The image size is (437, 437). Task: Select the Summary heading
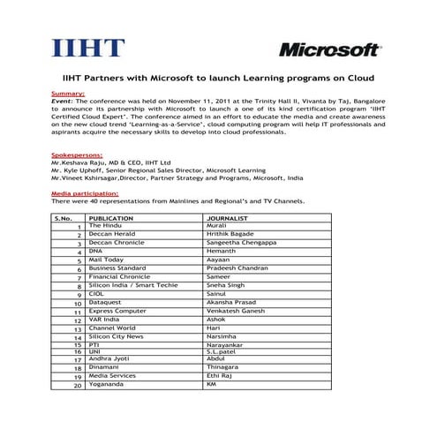click(68, 93)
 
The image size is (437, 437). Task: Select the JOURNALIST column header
click(227, 216)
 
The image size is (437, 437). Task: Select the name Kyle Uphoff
click(84, 170)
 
